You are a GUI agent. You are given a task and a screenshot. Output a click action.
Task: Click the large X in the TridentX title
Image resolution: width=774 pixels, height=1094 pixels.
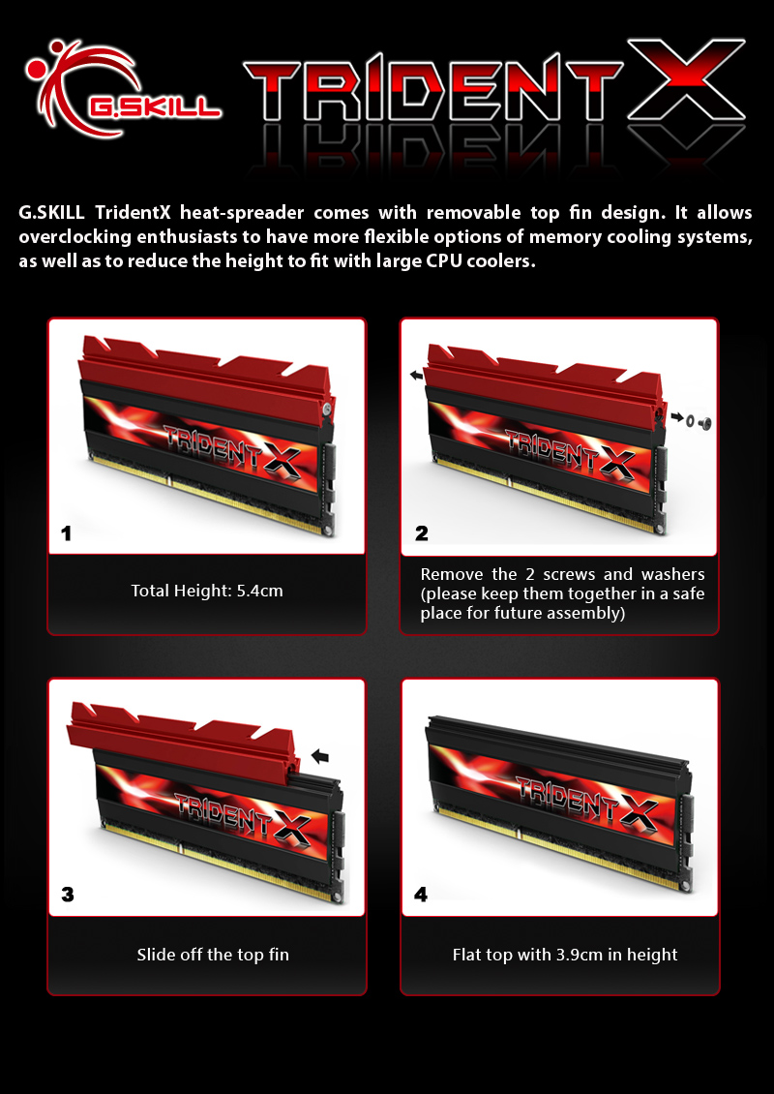point(686,79)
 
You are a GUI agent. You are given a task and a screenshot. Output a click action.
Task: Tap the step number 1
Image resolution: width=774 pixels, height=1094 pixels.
point(66,533)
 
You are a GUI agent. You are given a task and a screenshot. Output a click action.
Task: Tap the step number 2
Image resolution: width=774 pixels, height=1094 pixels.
point(421,533)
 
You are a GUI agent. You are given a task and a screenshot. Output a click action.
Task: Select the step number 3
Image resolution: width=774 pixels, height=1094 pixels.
point(68,895)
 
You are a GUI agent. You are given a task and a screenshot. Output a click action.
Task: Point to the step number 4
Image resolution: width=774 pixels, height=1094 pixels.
point(421,895)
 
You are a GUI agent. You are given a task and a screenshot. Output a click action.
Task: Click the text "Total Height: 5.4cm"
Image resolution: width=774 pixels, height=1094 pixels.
point(207,591)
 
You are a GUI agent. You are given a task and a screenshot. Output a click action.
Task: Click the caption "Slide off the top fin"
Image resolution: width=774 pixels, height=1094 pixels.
point(213,955)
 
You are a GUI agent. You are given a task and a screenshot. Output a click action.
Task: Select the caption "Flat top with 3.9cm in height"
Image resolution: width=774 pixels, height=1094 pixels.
point(565,955)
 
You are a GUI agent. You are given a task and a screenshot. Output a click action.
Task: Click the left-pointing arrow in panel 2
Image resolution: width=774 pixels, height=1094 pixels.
point(416,376)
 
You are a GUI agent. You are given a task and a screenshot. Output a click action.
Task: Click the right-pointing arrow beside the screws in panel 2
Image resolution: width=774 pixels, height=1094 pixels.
point(677,417)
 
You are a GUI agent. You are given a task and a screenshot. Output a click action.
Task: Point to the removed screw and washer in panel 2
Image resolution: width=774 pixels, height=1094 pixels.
point(698,422)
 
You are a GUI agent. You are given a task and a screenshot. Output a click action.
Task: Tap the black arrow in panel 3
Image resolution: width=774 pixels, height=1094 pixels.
point(319,755)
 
